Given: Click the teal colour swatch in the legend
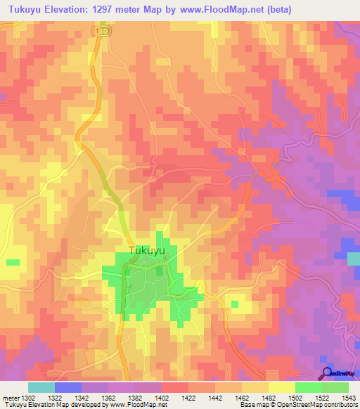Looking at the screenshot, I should click(41, 387).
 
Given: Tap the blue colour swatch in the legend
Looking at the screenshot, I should click(68, 387).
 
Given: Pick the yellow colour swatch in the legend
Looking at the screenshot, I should click(281, 387).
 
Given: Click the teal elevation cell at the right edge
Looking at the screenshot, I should click(354, 259).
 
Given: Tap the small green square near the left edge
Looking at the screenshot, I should click(13, 262).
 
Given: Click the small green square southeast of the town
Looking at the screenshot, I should click(234, 304).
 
